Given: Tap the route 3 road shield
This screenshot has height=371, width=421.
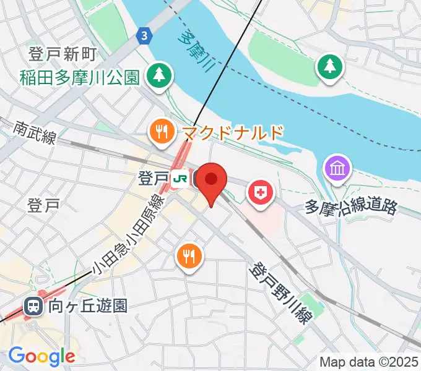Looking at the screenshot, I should [x=144, y=36].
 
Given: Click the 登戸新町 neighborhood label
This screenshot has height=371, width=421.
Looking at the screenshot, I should [x=62, y=54].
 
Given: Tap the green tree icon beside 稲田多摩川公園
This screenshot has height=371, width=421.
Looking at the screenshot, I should [x=160, y=75].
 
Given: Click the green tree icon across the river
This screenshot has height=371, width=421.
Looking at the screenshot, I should [x=330, y=67].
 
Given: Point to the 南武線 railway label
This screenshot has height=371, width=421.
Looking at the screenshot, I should [x=34, y=132].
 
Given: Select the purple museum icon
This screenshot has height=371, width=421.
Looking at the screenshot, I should [x=338, y=168].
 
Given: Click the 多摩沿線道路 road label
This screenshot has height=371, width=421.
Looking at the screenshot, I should [x=350, y=207].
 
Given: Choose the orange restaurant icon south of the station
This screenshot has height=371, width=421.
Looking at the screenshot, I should [x=189, y=255].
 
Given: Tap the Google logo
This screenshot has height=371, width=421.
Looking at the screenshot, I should [x=41, y=356].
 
